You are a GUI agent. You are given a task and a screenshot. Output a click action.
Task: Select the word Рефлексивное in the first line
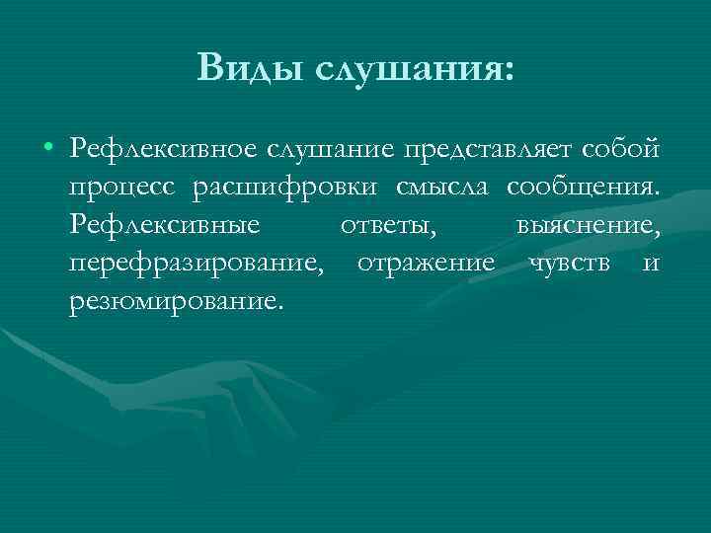click(x=162, y=149)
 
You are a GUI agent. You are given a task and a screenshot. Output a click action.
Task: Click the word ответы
click(x=388, y=226)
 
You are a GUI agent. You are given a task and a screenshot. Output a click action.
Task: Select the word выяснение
click(x=587, y=226)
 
